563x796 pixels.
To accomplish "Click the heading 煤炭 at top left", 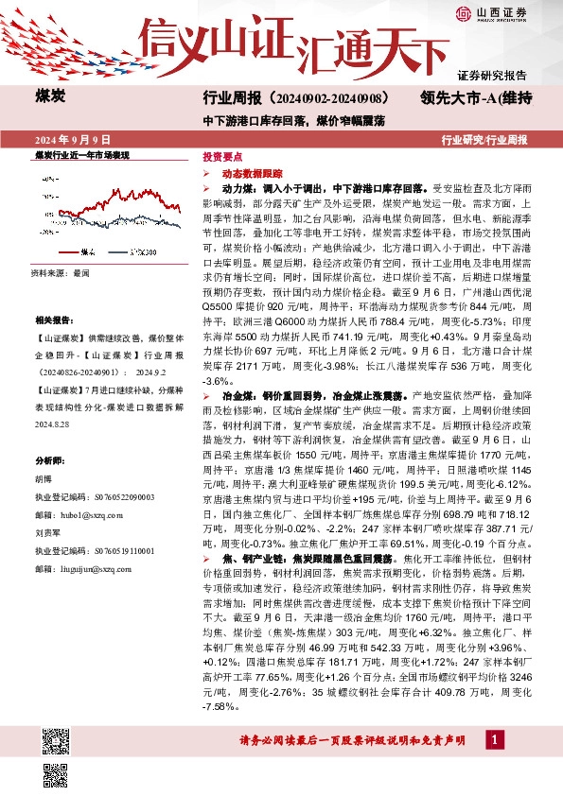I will [50, 96].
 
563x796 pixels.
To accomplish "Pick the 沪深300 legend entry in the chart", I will [143, 251].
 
